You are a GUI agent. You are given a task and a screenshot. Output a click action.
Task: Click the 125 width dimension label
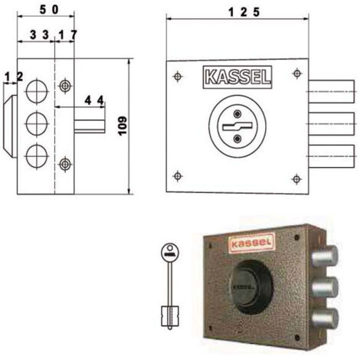244,11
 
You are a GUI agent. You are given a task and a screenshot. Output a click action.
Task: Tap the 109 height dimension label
123,126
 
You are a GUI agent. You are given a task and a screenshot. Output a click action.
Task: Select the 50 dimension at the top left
49,10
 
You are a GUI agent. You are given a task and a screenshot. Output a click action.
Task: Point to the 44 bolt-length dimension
94,100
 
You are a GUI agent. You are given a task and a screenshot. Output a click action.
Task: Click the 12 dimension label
14,77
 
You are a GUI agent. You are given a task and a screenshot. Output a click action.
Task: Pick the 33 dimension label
39,34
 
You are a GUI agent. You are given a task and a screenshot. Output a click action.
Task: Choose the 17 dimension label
67,35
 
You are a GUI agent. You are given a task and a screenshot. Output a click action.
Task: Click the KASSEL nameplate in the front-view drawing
237,77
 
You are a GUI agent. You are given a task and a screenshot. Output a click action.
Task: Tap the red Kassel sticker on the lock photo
252,243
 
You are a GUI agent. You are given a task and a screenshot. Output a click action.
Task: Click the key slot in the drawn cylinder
237,126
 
